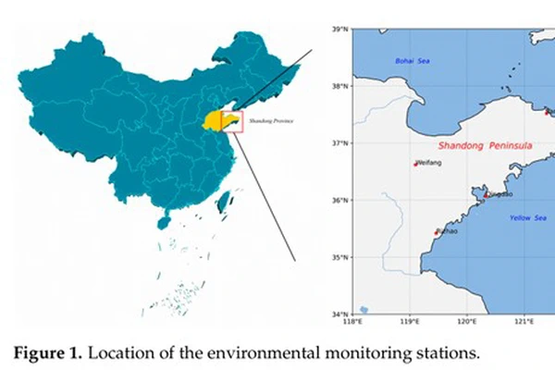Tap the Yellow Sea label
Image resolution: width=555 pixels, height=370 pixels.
[527, 217]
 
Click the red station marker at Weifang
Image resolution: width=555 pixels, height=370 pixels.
[415, 164]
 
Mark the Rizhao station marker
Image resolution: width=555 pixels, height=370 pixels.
[437, 232]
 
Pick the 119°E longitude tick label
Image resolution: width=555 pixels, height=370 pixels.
[409, 321]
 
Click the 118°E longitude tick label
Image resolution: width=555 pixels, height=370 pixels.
[351, 321]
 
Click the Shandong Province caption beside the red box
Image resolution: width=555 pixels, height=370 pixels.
[267, 120]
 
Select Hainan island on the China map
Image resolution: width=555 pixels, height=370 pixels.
[164, 222]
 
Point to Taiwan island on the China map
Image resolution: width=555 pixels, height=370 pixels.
[222, 200]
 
